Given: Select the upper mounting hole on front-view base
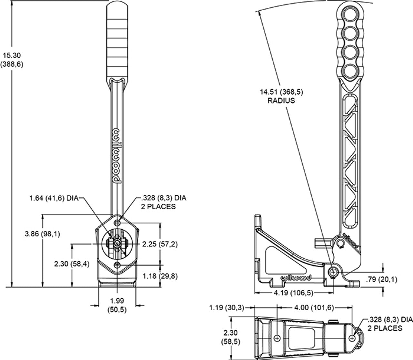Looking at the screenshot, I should (117, 223).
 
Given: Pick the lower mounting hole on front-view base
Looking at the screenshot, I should (117, 265).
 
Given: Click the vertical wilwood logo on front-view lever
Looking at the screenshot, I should (117, 156).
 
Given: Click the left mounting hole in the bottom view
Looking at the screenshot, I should (277, 338).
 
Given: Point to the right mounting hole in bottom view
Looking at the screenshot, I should (353, 338).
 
